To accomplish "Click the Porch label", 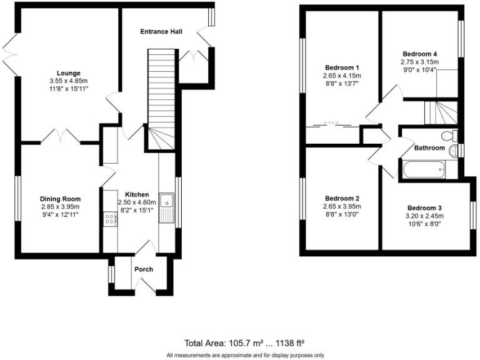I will [143, 269].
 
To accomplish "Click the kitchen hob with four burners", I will [110, 219].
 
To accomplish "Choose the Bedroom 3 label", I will [424, 208].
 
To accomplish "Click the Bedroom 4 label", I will [419, 54].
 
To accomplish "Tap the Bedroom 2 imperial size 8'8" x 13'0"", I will [341, 214].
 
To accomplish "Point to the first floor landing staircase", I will [441, 114].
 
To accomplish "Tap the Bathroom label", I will [429, 148].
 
